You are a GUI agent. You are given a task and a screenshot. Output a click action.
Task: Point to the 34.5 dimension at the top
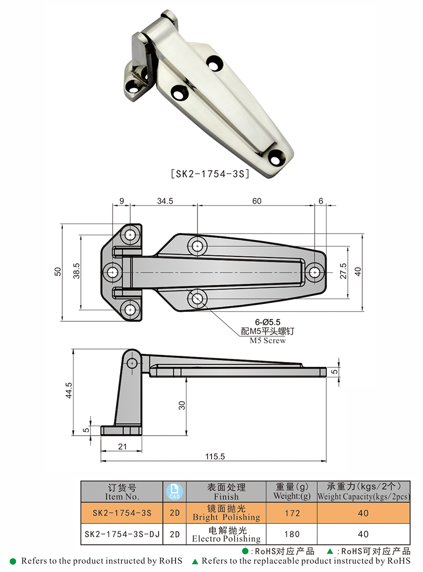165,201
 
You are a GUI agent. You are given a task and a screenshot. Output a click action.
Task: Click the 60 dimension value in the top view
256,201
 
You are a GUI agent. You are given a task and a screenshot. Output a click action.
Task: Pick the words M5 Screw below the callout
268,341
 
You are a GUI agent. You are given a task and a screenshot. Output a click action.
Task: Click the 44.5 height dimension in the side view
68,392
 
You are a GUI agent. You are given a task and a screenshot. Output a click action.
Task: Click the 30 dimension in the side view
182,405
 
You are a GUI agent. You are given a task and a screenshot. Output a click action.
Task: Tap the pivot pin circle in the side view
132,363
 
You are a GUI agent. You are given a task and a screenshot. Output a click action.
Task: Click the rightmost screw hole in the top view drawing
315,272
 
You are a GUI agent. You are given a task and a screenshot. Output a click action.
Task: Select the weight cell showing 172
291,513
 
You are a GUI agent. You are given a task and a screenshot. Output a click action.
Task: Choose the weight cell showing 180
291,534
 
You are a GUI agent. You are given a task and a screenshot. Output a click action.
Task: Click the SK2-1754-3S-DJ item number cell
122,534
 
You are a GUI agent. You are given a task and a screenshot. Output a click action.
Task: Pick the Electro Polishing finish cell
227,534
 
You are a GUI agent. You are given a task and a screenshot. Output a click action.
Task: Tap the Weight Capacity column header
364,491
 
